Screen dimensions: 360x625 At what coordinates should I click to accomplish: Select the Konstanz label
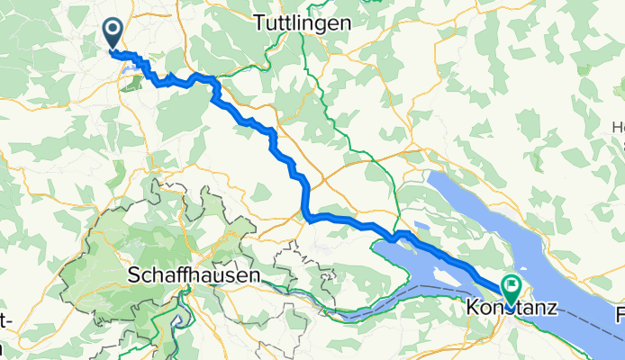point(512,308)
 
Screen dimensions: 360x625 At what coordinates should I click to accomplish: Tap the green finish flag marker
point(512,288)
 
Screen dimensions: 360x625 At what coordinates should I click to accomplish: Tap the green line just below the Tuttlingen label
point(304,45)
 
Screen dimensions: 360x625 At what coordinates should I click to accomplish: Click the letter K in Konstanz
point(474,308)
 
